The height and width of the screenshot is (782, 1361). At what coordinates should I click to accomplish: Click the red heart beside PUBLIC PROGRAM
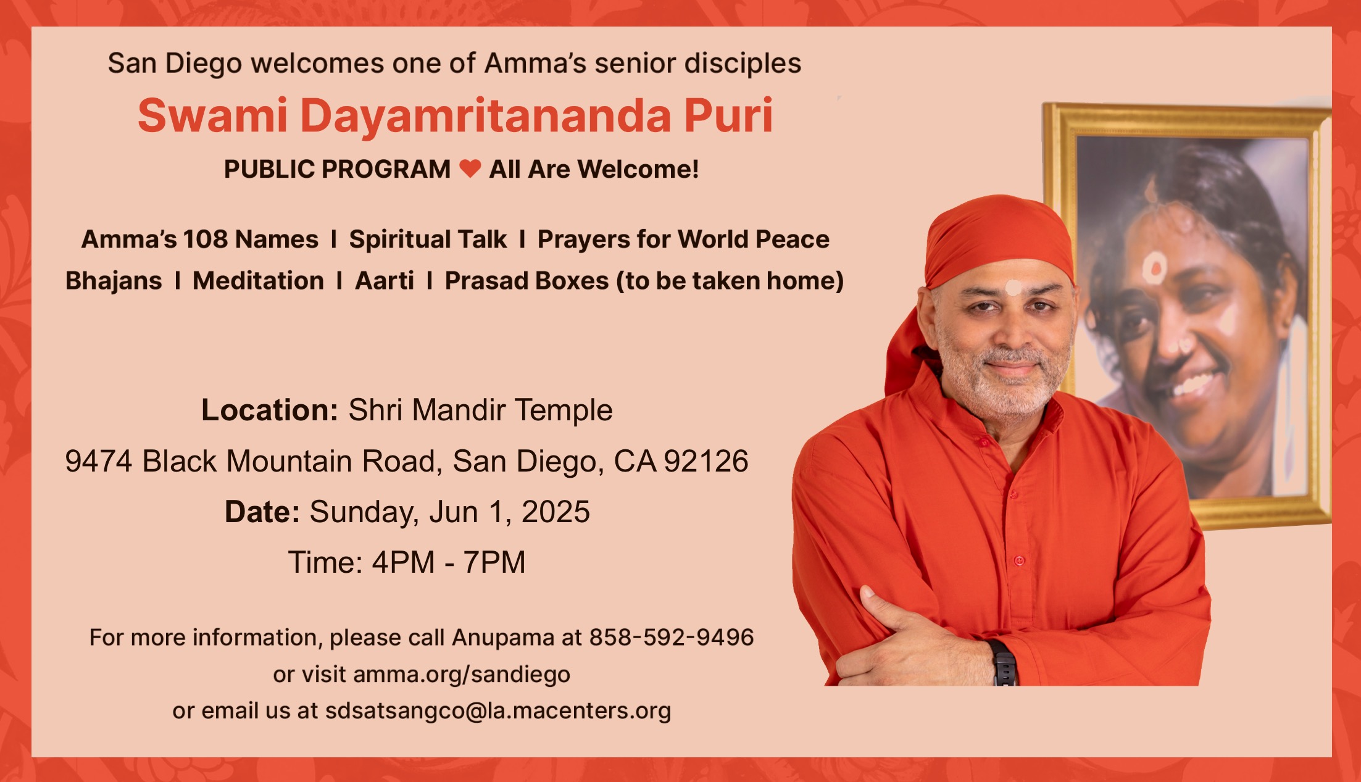point(470,168)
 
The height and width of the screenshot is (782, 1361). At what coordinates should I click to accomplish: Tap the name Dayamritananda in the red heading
point(486,116)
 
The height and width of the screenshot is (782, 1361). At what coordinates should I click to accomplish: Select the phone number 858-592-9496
point(672,637)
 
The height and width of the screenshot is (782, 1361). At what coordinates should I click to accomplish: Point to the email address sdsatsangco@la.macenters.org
point(498,710)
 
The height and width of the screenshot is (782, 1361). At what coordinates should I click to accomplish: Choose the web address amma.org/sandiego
point(462,675)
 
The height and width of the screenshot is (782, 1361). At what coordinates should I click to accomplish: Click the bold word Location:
point(270,410)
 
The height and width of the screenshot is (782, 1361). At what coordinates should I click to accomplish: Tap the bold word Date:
point(262,512)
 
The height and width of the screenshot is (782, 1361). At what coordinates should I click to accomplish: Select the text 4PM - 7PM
point(449,562)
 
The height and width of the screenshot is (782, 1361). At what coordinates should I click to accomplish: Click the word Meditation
point(259,281)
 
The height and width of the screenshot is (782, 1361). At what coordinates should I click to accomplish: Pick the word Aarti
point(385,281)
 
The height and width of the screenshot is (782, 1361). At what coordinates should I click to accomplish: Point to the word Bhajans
point(114,281)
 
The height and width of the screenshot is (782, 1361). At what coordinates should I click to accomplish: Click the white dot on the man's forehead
point(1013,288)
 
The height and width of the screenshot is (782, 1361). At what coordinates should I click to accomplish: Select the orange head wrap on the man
point(988,259)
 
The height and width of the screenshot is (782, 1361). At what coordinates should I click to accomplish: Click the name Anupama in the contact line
point(503,638)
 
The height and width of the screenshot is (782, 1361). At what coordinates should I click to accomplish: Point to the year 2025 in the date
point(556,512)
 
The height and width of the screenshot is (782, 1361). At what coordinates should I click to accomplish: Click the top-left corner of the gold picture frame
point(1044,104)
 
